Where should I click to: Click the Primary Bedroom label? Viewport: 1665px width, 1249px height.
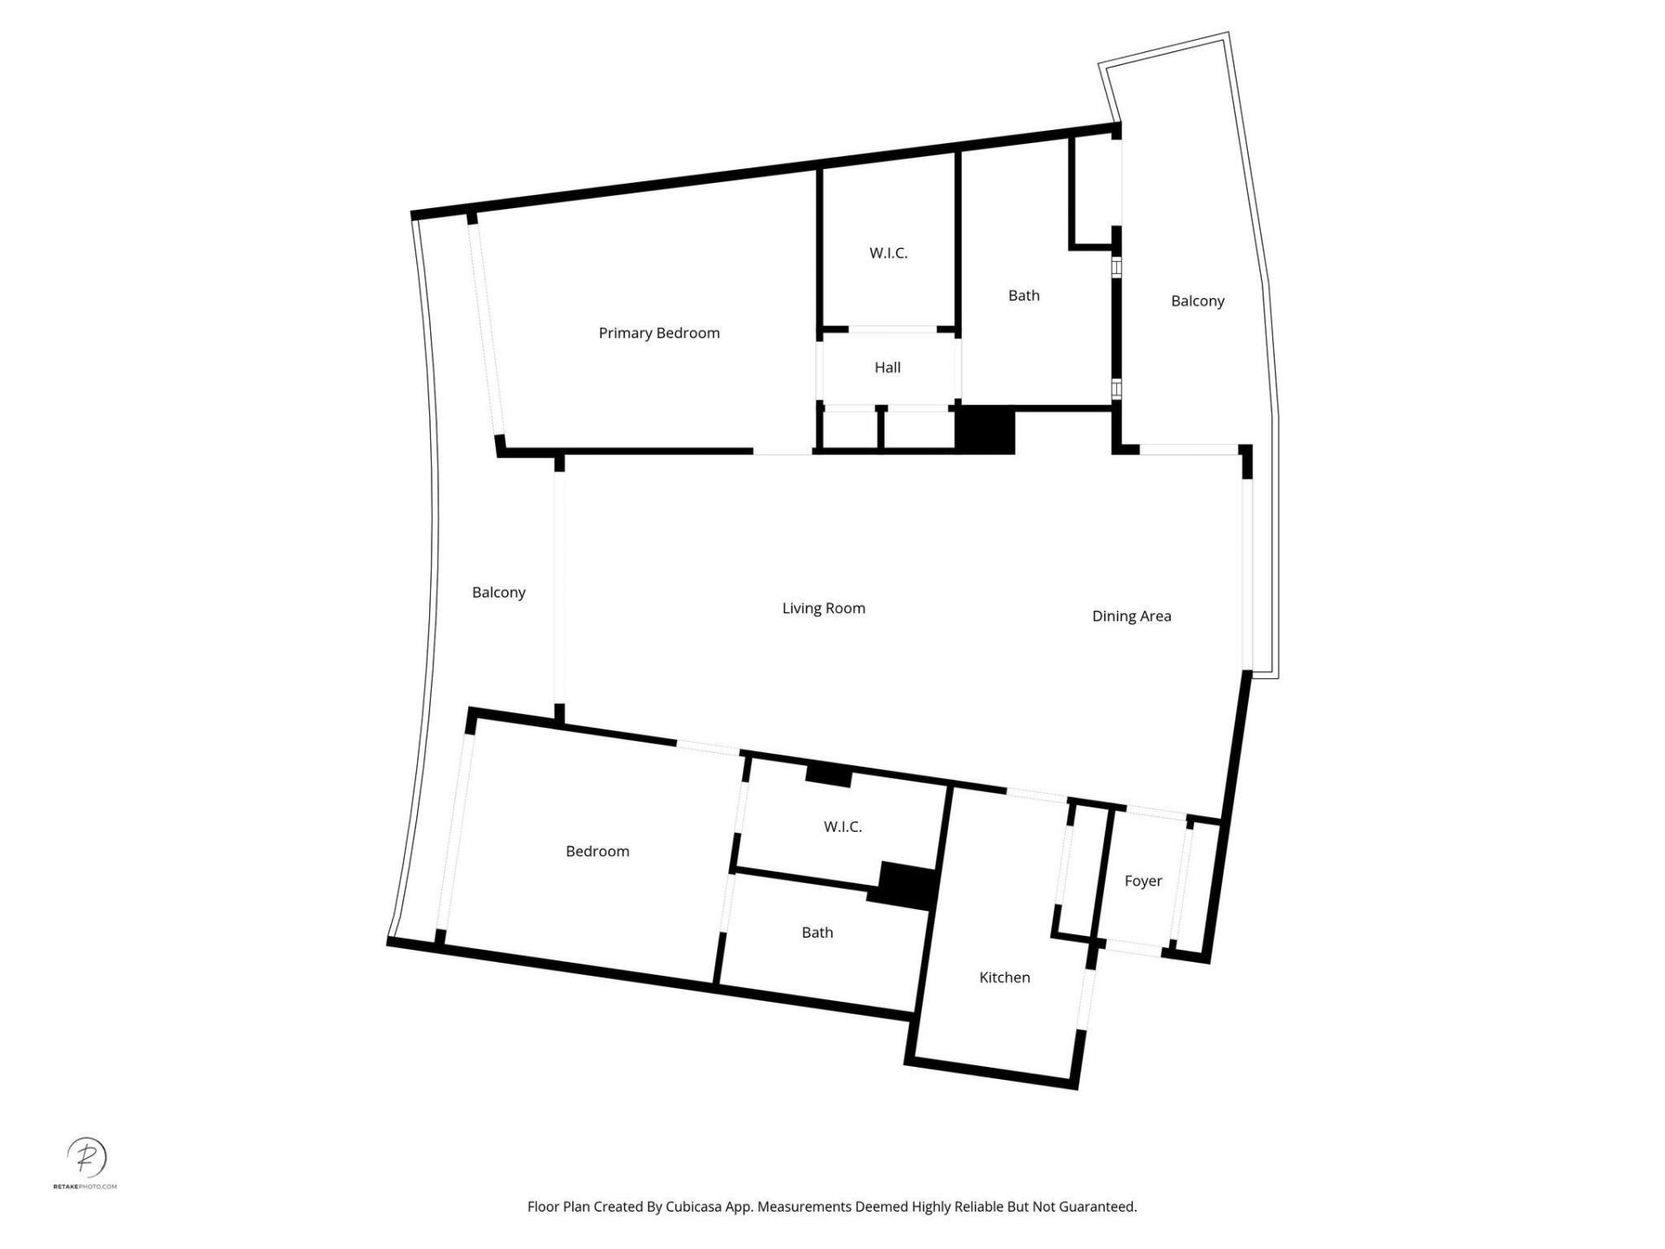point(659,333)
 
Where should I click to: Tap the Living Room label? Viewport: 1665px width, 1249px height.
point(823,608)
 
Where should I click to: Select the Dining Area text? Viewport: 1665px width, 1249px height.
point(1131,616)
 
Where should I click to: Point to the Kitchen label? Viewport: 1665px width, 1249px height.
point(1004,978)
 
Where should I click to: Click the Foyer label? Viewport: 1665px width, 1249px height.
point(1142,880)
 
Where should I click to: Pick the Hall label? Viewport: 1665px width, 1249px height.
point(887,368)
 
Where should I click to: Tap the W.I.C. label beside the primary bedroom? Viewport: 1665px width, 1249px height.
point(888,253)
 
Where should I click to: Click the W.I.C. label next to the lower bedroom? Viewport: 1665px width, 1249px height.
point(842,827)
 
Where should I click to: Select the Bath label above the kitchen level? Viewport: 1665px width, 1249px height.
point(817,932)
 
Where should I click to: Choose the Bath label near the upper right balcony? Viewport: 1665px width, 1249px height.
point(1023,296)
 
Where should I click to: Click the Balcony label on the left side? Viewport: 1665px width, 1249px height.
point(499,592)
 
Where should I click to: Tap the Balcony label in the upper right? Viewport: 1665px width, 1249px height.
point(1197,301)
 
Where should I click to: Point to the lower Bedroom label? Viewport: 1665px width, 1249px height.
point(597,851)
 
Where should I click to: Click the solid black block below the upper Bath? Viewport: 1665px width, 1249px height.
point(985,430)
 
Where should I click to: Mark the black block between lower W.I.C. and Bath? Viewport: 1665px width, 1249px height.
point(905,885)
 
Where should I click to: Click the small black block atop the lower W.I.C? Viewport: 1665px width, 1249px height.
point(828,775)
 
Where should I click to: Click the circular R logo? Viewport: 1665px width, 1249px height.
point(87,1156)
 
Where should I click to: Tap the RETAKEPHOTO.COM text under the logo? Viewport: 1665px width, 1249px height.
point(85,1186)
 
